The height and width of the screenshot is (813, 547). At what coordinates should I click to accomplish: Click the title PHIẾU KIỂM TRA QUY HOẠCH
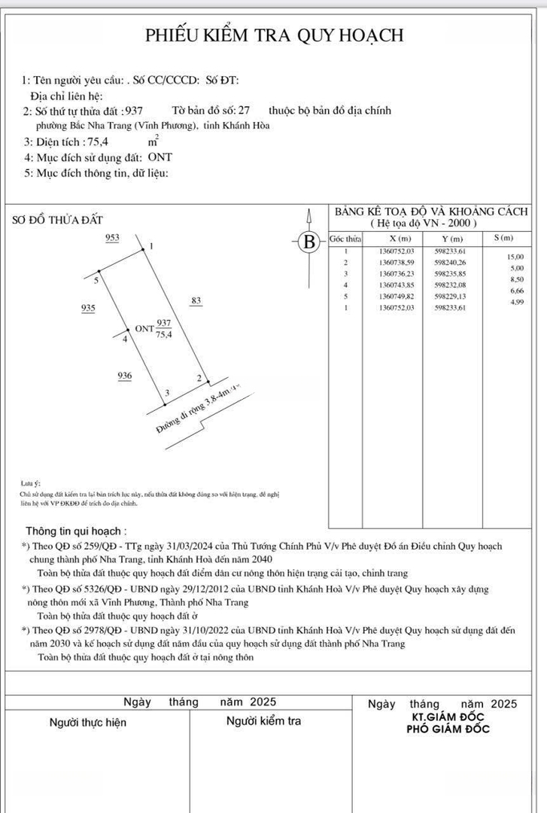click(x=274, y=35)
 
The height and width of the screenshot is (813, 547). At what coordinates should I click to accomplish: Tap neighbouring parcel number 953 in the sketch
click(x=112, y=238)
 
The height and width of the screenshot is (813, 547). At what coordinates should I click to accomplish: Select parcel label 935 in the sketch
click(x=88, y=309)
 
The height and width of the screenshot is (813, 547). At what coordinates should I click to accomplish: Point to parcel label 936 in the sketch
click(x=125, y=375)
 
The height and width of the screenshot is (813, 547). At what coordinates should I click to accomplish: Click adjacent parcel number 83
click(x=196, y=301)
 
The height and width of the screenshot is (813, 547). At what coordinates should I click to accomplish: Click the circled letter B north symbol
click(x=308, y=242)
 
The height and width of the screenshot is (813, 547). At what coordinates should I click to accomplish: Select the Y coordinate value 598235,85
click(x=451, y=274)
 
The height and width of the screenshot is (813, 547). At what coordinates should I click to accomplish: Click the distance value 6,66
click(x=516, y=291)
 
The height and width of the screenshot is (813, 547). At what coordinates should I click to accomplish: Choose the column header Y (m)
click(x=451, y=239)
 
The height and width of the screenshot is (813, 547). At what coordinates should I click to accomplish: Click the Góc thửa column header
click(x=345, y=239)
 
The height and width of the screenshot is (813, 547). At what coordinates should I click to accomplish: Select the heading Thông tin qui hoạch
click(x=76, y=531)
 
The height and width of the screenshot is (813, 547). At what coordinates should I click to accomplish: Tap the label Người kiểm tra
click(x=263, y=721)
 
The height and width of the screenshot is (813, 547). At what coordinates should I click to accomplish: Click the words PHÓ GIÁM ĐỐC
click(x=448, y=729)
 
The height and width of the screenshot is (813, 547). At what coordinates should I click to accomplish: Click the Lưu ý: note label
click(x=32, y=482)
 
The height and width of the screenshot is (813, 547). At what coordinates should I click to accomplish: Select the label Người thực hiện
click(x=88, y=723)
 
